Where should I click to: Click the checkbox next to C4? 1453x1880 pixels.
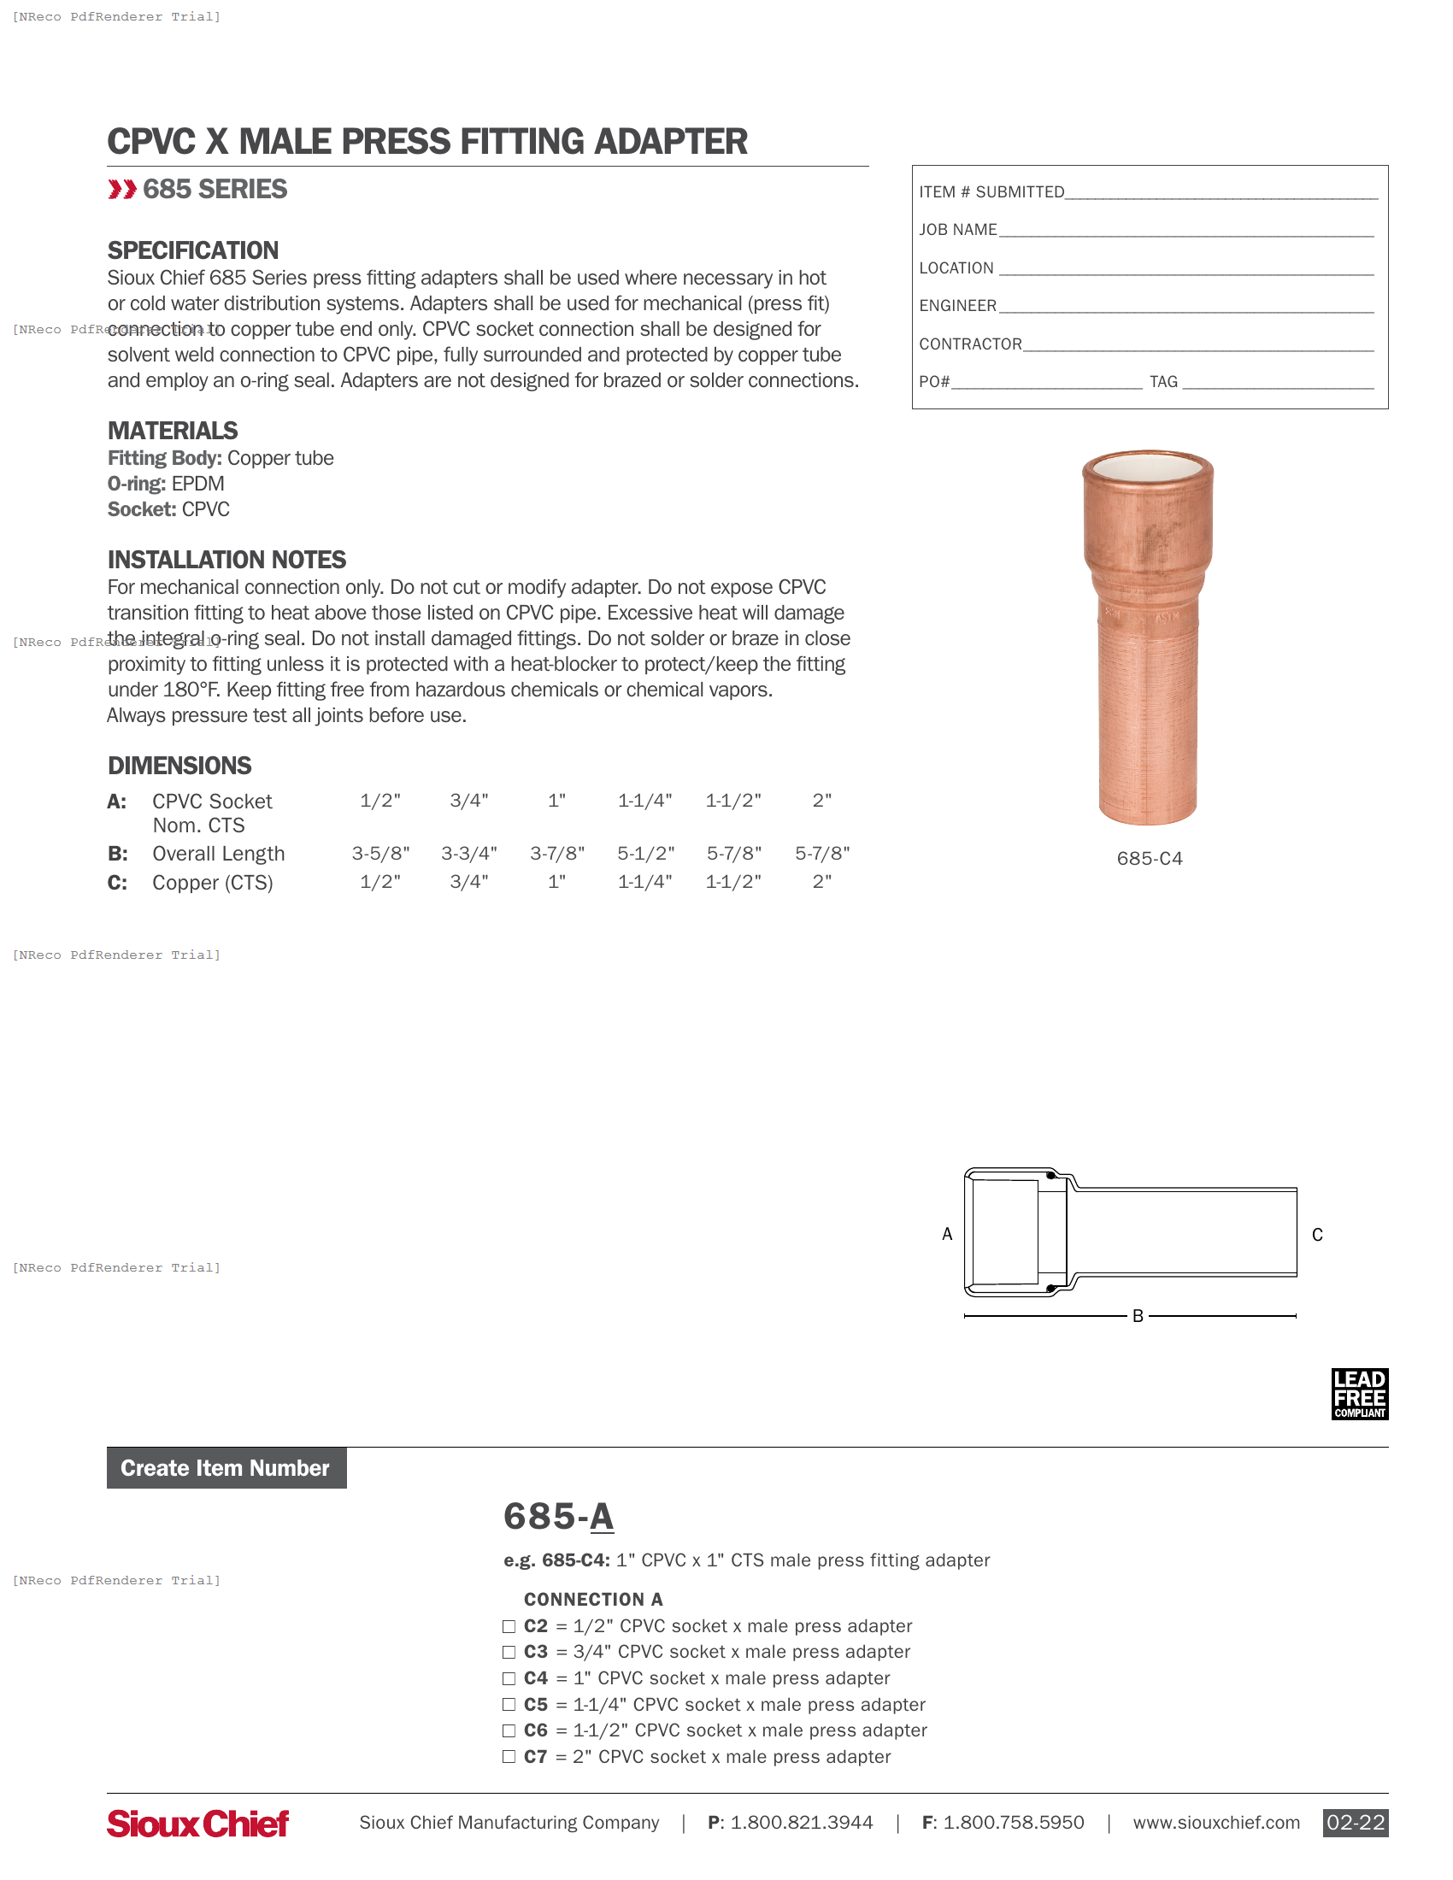click(509, 1678)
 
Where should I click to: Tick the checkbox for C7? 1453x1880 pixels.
click(509, 1757)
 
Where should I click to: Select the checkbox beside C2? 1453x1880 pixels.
click(509, 1626)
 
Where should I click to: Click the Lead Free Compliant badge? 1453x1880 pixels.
click(1359, 1394)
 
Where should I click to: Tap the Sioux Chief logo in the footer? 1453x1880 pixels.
click(197, 1824)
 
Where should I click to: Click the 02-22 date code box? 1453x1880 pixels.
click(1355, 1823)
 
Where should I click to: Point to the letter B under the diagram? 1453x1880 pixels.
click(1137, 1316)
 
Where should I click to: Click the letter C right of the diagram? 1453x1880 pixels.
click(1317, 1236)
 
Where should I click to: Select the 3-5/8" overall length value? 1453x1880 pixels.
click(380, 853)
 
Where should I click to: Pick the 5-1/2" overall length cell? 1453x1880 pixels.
click(645, 853)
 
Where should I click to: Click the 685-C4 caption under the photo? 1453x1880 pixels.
click(1149, 858)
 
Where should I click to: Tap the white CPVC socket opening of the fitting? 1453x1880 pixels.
click(1147, 468)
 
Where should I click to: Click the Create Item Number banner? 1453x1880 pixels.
click(226, 1467)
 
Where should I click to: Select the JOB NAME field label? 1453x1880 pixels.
click(957, 230)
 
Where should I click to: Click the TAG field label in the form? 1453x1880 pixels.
click(1163, 381)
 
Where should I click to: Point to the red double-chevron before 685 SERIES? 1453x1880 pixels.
click(122, 190)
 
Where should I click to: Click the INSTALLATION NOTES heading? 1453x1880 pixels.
click(226, 560)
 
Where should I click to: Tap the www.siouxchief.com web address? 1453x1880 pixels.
click(1215, 1823)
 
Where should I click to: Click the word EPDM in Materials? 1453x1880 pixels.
click(198, 484)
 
